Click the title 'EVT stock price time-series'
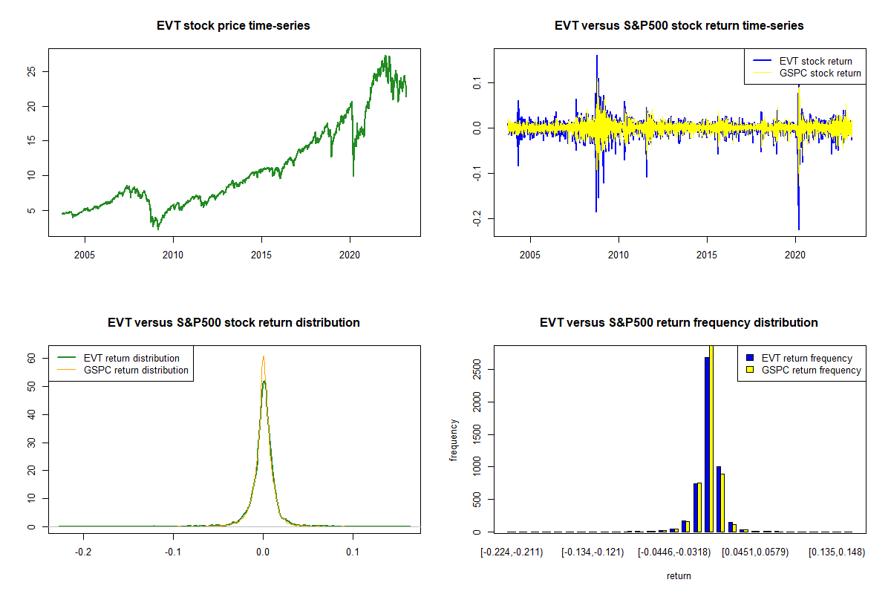click(233, 26)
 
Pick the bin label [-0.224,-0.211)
click(512, 552)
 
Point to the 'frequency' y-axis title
click(454, 440)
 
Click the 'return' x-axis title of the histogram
click(679, 575)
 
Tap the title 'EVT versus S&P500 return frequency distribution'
click(679, 323)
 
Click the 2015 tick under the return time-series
click(707, 255)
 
